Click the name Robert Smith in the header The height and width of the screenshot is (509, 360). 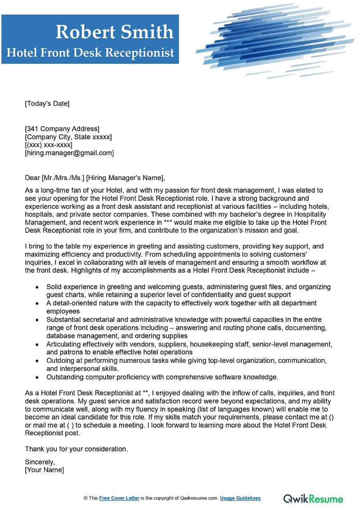pyautogui.click(x=114, y=32)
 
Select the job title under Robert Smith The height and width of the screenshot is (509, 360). pyautogui.click(x=90, y=53)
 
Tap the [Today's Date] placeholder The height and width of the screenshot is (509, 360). pyautogui.click(x=47, y=104)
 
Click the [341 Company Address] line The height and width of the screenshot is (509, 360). pyautogui.click(x=62, y=129)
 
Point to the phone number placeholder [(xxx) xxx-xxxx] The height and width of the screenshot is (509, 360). pyautogui.click(x=49, y=145)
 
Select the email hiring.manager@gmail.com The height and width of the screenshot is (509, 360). pyautogui.click(x=69, y=153)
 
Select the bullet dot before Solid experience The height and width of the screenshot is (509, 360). pyautogui.click(x=36, y=287)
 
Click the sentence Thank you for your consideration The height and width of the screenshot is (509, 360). pyautogui.click(x=76, y=449)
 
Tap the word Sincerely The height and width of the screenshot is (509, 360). pyautogui.click(x=40, y=462)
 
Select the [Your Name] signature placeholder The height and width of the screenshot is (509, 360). pyautogui.click(x=45, y=470)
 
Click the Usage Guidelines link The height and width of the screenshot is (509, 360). pyautogui.click(x=240, y=498)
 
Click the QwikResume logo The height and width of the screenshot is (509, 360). pyautogui.click(x=313, y=499)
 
